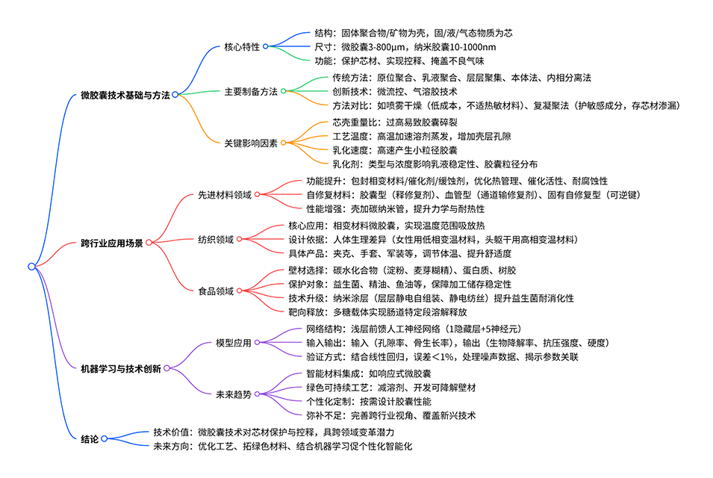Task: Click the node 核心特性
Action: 242,46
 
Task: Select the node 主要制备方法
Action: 251,91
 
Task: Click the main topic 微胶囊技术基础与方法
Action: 125,96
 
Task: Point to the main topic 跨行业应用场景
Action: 111,243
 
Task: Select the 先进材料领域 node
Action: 224,194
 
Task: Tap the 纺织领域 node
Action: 216,239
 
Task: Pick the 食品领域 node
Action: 216,291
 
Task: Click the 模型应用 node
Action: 233,342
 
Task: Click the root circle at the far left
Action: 31,267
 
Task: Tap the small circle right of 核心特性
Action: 265,46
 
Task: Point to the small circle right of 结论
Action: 104,438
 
